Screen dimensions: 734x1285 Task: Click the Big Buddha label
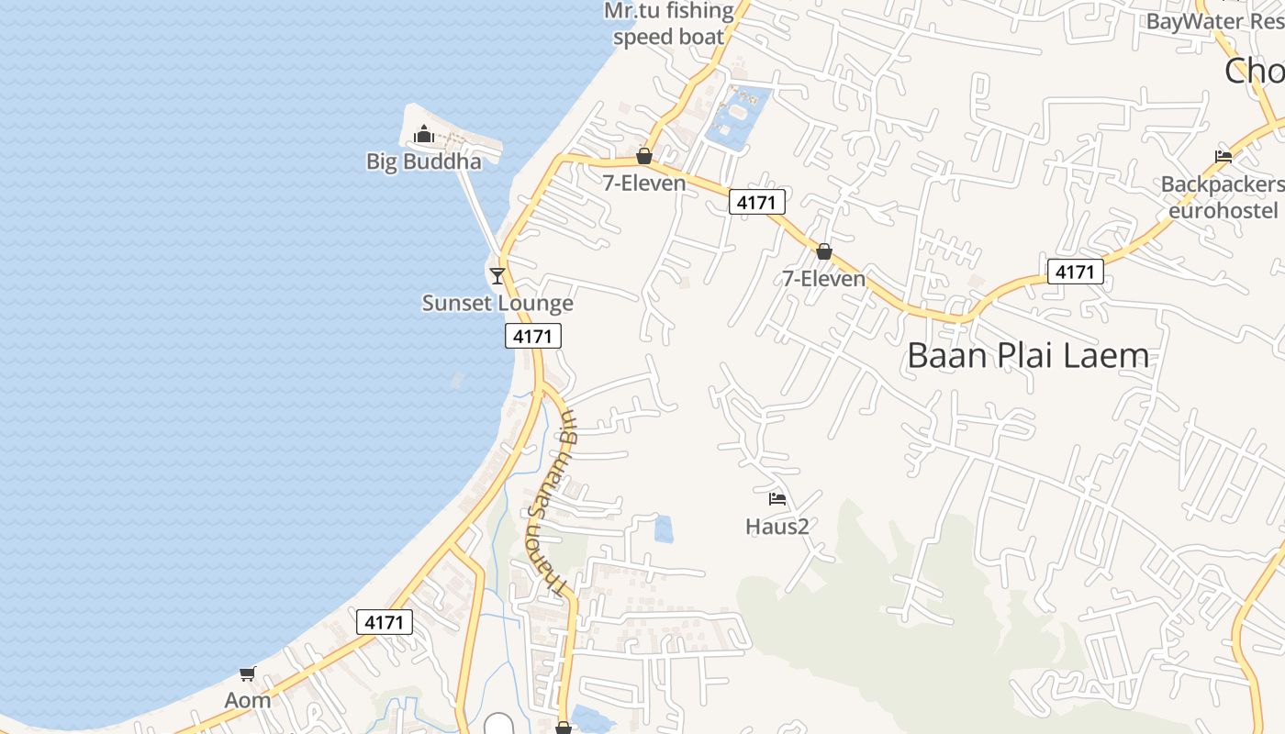pos(423,161)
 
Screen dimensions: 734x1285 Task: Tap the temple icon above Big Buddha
pos(423,136)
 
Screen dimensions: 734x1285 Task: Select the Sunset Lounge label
pos(497,303)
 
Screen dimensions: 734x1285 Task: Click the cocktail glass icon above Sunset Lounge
pos(497,275)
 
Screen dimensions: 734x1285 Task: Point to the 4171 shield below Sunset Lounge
pos(532,336)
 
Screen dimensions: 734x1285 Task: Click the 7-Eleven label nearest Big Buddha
pos(644,183)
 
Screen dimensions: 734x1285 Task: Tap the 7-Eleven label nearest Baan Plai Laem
pos(824,278)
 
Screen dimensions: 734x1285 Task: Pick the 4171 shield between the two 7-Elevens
pos(756,202)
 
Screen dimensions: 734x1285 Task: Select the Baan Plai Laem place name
pos(1027,356)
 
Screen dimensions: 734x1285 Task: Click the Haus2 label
pos(777,527)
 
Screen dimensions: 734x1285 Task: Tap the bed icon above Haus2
pos(777,500)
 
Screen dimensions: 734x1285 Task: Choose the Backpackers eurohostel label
pos(1222,197)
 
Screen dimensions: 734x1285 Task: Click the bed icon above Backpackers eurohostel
pos(1223,157)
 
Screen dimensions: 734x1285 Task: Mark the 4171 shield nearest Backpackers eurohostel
pos(1075,272)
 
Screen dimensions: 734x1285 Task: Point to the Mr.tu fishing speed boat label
pos(669,24)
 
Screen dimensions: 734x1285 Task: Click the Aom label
pos(248,700)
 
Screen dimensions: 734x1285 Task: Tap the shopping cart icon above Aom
pos(247,674)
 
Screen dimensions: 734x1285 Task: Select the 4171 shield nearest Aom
pos(384,622)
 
